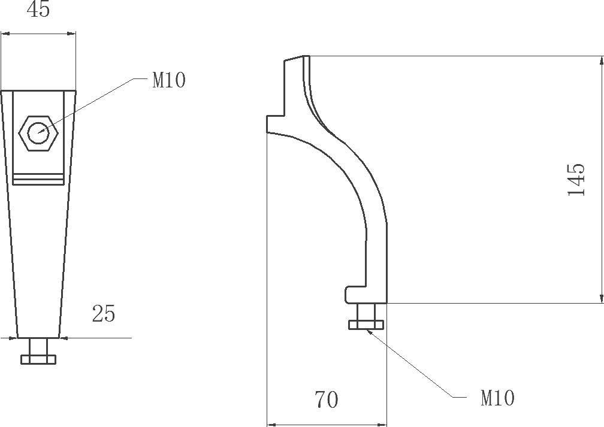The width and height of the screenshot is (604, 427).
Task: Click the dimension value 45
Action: [38, 9]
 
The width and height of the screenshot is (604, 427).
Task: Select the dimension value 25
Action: [104, 314]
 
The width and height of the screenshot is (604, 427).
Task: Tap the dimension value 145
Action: [576, 180]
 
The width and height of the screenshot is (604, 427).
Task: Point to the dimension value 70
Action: [327, 399]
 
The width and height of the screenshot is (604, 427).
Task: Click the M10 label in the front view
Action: [169, 80]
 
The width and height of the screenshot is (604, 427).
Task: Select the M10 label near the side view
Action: [497, 398]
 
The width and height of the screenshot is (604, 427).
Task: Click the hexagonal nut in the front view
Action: [38, 133]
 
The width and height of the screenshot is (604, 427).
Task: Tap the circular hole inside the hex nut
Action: [38, 133]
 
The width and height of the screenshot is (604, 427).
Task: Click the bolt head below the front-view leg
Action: [38, 359]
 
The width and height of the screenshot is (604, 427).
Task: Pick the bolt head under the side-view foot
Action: [366, 325]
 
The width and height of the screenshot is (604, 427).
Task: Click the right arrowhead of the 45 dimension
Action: [72, 34]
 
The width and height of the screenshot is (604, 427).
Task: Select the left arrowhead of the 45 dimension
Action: [5, 34]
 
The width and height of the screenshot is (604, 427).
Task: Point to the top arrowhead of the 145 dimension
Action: [602, 60]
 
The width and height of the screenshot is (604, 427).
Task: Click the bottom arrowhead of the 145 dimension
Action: [602, 298]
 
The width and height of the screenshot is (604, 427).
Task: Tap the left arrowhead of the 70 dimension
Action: [272, 424]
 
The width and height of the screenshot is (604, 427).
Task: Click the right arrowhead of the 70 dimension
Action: [382, 424]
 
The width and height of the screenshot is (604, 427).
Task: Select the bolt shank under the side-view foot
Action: [366, 311]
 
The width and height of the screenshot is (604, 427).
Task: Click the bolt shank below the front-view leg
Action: [38, 347]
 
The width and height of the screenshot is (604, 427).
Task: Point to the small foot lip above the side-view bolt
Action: [355, 295]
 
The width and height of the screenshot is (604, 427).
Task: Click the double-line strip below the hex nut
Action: [38, 179]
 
